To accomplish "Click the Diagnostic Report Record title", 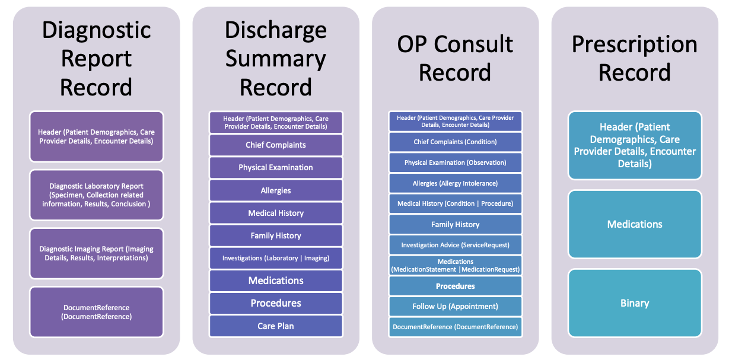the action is (96, 58).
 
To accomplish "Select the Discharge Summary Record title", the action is (276, 58).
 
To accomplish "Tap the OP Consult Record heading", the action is (455, 58).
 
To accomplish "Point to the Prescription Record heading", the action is (634, 58).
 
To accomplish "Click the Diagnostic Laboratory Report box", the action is (96, 195).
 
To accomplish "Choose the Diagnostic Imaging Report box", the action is (96, 253).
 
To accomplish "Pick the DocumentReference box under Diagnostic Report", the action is (96, 312).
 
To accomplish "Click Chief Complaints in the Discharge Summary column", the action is (276, 145).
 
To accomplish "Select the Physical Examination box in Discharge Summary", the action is (276, 167).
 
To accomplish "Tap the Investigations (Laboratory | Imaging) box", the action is (276, 258).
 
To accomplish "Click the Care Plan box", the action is (276, 326).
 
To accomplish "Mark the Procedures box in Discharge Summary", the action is (276, 303).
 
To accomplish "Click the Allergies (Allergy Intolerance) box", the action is (455, 183).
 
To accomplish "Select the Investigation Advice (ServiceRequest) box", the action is (455, 245).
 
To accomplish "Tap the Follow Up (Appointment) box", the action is (455, 306).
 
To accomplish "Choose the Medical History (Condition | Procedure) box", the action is (455, 203).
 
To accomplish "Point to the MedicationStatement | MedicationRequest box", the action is (455, 265).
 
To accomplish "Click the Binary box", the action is (634, 303).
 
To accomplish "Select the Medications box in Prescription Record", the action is (634, 224).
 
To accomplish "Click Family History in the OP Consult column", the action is (455, 224).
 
